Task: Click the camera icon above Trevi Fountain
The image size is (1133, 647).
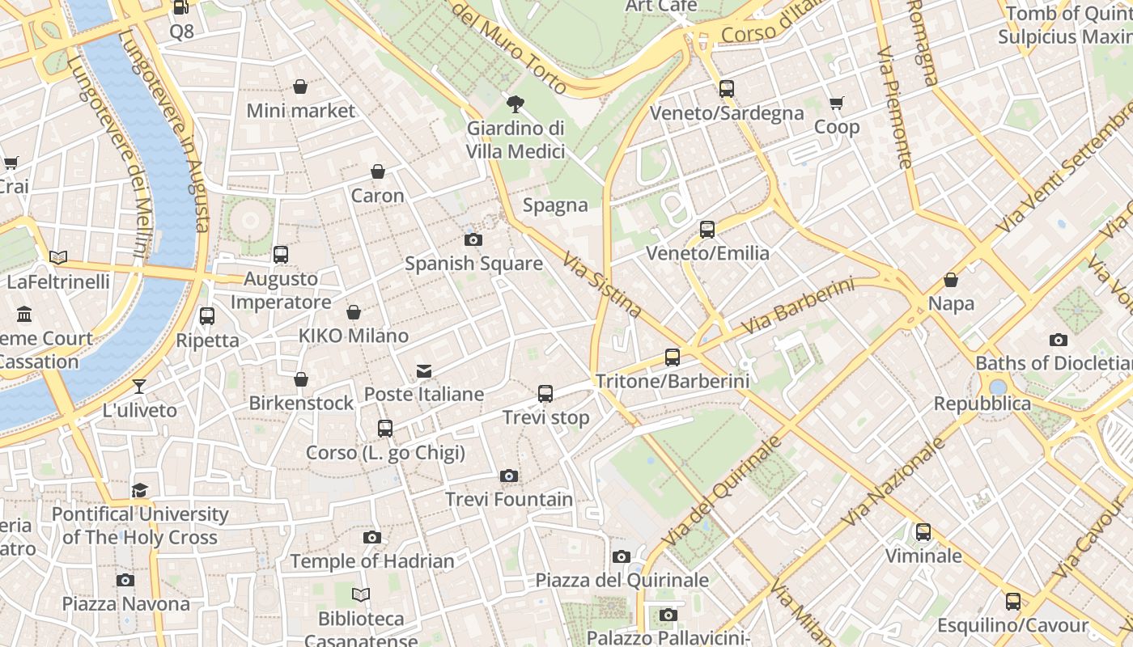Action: click(508, 476)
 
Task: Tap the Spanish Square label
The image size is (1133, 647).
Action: click(473, 264)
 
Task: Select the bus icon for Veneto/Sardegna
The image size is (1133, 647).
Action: click(727, 89)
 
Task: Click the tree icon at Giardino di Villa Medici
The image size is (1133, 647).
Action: click(515, 104)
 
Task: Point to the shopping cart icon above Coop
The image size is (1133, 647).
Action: click(836, 104)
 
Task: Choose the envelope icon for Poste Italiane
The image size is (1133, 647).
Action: click(423, 371)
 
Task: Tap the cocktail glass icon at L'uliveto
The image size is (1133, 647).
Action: click(139, 387)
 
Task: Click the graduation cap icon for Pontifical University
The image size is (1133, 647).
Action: click(140, 490)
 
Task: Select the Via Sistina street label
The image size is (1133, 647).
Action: click(602, 285)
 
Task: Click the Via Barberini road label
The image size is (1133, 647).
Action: click(797, 307)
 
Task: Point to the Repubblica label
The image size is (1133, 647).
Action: click(982, 404)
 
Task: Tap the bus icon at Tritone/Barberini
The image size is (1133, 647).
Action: click(672, 357)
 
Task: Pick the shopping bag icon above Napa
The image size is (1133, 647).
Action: click(951, 281)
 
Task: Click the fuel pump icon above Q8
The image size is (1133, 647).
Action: click(181, 8)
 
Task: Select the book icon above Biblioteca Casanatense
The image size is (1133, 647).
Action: click(361, 595)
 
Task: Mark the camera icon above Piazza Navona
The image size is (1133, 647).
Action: click(125, 580)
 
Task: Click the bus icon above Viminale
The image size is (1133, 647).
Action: click(923, 532)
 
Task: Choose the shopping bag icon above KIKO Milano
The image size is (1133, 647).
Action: click(354, 312)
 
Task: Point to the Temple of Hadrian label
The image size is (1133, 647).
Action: click(372, 560)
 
